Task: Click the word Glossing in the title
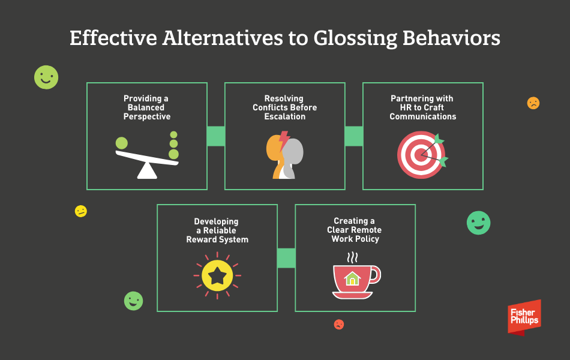(x=355, y=38)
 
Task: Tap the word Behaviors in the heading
(x=451, y=38)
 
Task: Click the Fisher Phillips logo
(x=524, y=317)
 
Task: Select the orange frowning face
(x=533, y=103)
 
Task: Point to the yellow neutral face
(x=81, y=211)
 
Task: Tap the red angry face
(x=339, y=325)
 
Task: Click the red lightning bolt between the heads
(x=284, y=140)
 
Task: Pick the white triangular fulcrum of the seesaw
(x=147, y=170)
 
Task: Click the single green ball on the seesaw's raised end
(x=122, y=143)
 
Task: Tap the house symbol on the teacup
(x=352, y=279)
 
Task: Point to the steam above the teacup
(x=352, y=257)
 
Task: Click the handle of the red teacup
(x=376, y=275)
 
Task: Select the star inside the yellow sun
(x=217, y=275)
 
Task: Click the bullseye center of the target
(x=421, y=155)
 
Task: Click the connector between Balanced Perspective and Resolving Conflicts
(x=216, y=136)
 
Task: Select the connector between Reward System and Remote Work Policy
(x=286, y=258)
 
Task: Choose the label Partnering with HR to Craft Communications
(x=422, y=107)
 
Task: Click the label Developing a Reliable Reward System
(x=217, y=230)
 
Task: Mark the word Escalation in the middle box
(x=284, y=117)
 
